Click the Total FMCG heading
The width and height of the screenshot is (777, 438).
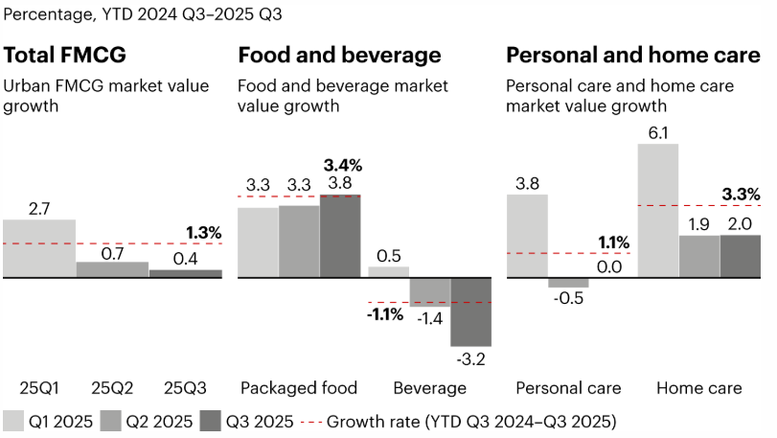pos(65,55)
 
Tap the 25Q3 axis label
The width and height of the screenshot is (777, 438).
pos(185,388)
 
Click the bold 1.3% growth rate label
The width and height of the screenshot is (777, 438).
pos(202,233)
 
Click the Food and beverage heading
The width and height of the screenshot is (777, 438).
pos(339,55)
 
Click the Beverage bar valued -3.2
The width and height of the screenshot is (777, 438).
pos(470,312)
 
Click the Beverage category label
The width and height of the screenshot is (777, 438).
pos(430,388)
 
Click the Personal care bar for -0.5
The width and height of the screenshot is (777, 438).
pos(568,284)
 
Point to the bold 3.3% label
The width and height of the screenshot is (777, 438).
pos(740,195)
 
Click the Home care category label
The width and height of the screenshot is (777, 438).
pos(698,388)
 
